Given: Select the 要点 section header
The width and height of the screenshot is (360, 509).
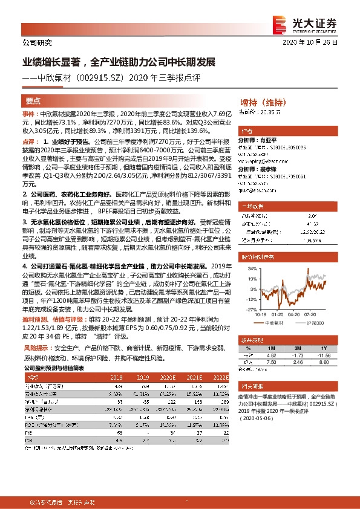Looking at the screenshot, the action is [x=33, y=101].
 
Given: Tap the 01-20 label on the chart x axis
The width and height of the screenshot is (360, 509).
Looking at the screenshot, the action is [x=278, y=315].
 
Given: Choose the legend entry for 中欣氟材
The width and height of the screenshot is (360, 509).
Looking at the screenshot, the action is [x=275, y=323].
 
